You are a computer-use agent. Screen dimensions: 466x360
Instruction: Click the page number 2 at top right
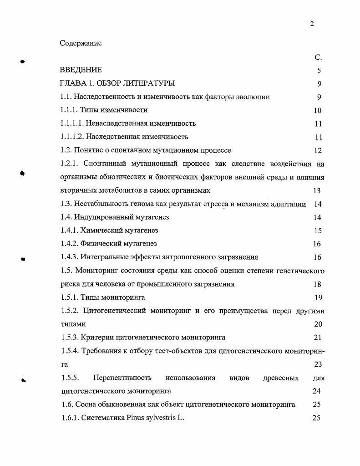click(312, 24)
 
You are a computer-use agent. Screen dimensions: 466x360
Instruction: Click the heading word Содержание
click(81, 43)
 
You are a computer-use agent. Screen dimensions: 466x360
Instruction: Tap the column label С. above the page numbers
click(318, 57)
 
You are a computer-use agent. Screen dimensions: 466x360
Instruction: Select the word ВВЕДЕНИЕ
click(81, 70)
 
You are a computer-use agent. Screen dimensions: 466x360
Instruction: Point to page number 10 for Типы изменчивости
click(317, 110)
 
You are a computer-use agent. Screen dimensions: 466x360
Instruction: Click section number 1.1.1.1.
click(72, 123)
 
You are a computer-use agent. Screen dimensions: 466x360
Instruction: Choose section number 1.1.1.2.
click(72, 137)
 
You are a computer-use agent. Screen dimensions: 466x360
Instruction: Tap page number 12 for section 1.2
click(318, 150)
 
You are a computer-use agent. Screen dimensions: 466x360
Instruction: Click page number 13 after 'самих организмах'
click(317, 191)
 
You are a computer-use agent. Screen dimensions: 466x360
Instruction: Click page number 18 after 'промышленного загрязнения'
click(317, 284)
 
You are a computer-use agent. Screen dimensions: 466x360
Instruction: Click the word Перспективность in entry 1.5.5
click(122, 378)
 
